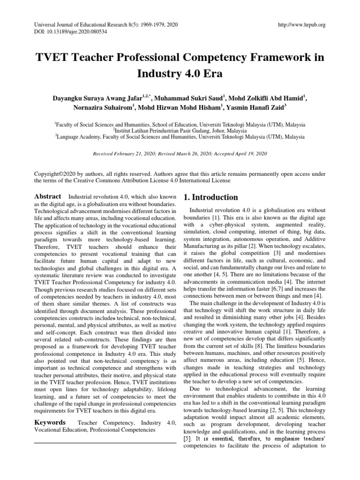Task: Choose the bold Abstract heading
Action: pos(48,197)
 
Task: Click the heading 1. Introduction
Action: pos(211,197)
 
